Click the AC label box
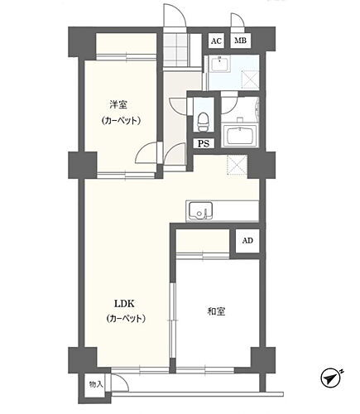pyautogui.click(x=215, y=41)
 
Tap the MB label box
pyautogui.click(x=239, y=41)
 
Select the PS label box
pyautogui.click(x=203, y=143)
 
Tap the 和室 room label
pyautogui.click(x=217, y=311)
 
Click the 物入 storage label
pyautogui.click(x=96, y=384)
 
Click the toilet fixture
pyautogui.click(x=203, y=119)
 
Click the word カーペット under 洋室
pyautogui.click(x=120, y=121)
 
